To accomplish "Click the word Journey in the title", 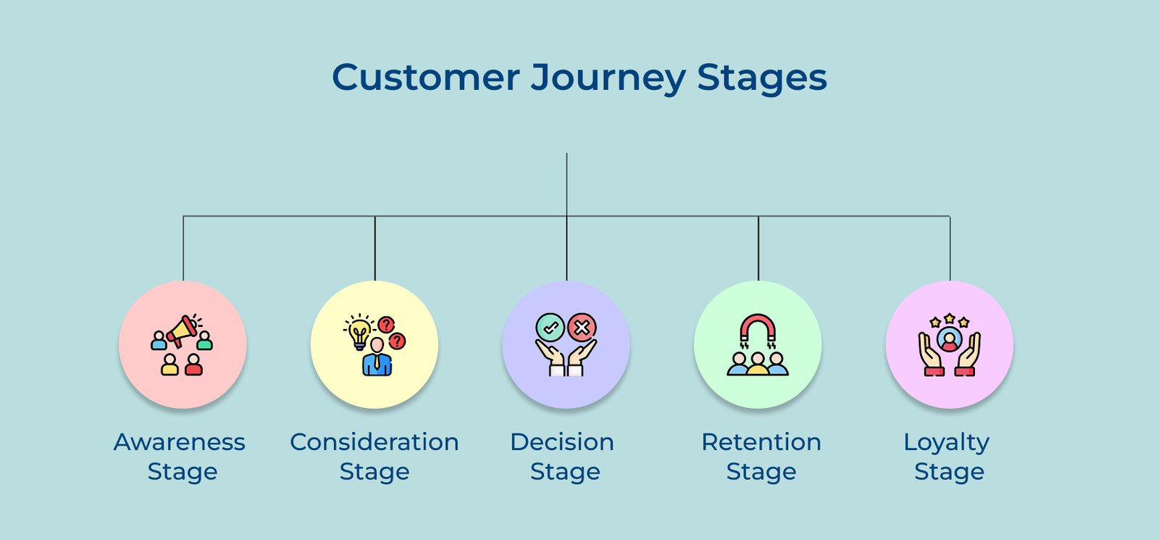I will [607, 78].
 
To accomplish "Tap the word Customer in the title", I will [426, 78].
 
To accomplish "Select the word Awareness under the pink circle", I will [180, 442].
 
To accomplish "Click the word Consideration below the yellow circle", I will [374, 442].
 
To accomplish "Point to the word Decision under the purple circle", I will [562, 442].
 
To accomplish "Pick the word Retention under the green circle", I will [761, 442].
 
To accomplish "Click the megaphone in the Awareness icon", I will [183, 330].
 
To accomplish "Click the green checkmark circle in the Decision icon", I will [550, 328].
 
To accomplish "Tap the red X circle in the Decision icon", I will [582, 328].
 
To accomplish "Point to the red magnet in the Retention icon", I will [758, 328].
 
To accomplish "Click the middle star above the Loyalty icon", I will [949, 318].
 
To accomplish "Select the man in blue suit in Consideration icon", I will [377, 357].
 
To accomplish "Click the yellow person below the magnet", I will [758, 364].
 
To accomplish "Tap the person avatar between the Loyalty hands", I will [949, 339].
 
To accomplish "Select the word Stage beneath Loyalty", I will [949, 472].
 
